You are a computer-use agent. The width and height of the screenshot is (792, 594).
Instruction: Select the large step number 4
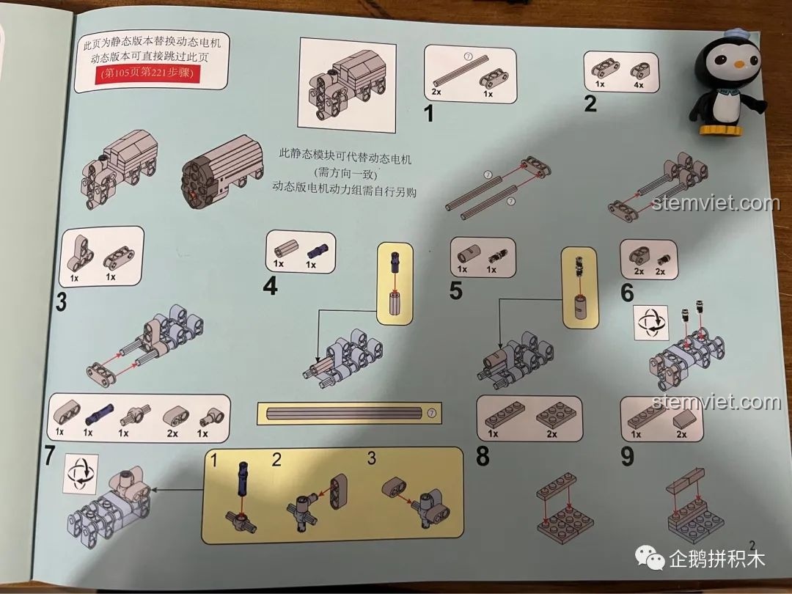pos(271,285)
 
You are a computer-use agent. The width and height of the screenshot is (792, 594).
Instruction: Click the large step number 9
pos(627,457)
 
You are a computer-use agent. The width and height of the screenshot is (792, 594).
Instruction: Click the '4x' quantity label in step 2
pos(638,84)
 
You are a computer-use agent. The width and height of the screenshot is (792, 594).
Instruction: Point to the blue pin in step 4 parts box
pos(317,249)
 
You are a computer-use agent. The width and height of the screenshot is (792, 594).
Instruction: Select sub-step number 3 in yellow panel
pos(372,460)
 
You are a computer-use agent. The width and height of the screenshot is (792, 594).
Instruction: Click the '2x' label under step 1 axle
pos(437,92)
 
